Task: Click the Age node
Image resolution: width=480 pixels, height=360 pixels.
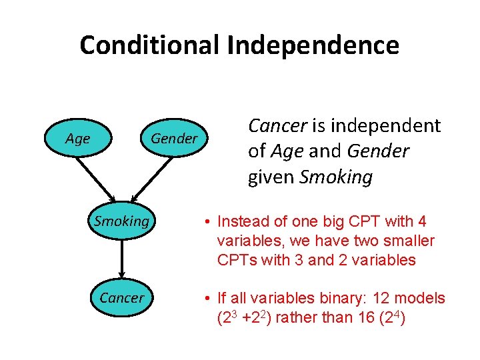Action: click(78, 139)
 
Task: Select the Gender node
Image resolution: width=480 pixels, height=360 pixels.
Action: click(174, 139)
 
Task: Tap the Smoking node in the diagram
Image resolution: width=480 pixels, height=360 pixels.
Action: click(121, 221)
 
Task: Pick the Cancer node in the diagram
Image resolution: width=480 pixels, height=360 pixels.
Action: click(121, 297)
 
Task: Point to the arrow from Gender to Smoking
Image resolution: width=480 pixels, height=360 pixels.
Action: click(150, 178)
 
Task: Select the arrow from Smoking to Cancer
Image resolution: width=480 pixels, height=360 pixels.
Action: click(121, 259)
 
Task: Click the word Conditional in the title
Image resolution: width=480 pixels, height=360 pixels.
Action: click(149, 45)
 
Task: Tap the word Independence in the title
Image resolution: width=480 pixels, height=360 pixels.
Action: click(313, 45)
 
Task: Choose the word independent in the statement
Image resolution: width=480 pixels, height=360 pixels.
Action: click(385, 125)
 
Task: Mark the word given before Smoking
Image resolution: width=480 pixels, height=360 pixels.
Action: click(271, 177)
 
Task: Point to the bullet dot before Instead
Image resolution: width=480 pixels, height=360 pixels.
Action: click(209, 222)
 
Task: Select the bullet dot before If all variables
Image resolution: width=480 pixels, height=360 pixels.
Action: click(209, 298)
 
